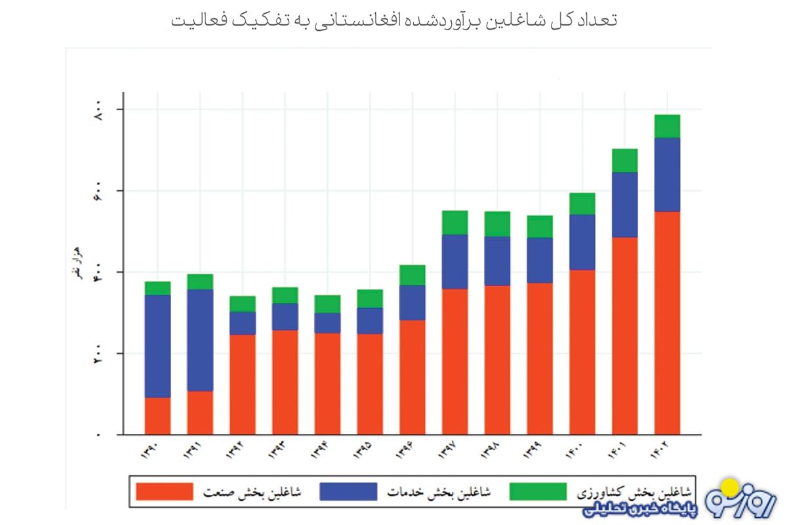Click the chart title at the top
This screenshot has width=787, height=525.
393,20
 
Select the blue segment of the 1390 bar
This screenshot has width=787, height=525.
157,346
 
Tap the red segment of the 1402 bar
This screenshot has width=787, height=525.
666,323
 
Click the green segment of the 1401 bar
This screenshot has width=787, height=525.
624,160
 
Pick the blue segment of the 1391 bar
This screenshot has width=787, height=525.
200,340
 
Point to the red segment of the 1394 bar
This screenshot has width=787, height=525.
327,384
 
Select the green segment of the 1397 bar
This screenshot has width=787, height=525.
454,222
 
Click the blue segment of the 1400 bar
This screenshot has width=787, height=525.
582,242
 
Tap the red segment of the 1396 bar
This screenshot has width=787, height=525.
412,377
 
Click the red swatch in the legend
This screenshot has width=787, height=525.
165,492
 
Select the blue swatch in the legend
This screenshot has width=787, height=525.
348,492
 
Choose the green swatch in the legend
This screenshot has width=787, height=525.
537,492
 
